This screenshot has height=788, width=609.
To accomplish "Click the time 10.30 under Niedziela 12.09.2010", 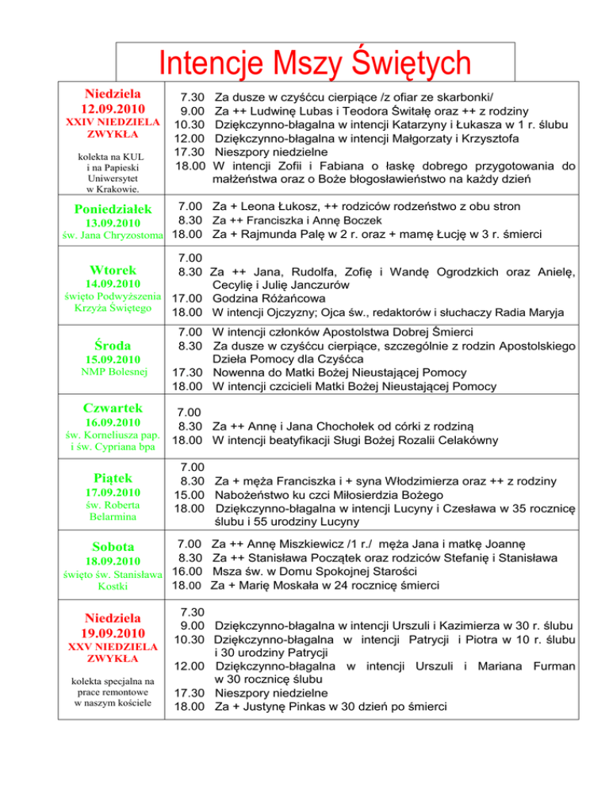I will pos(190,124).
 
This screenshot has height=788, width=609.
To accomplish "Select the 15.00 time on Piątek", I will pos(190,495).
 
